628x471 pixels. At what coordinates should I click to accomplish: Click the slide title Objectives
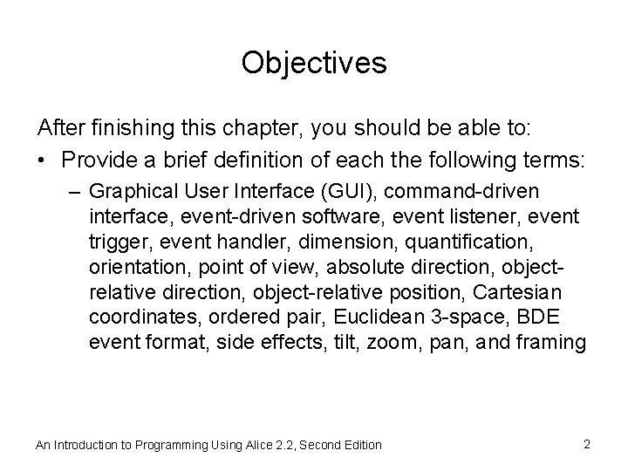point(313,63)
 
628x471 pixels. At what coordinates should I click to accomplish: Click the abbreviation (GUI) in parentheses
point(345,191)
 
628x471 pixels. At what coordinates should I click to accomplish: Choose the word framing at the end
point(553,341)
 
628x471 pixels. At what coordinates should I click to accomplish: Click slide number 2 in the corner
point(587,444)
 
